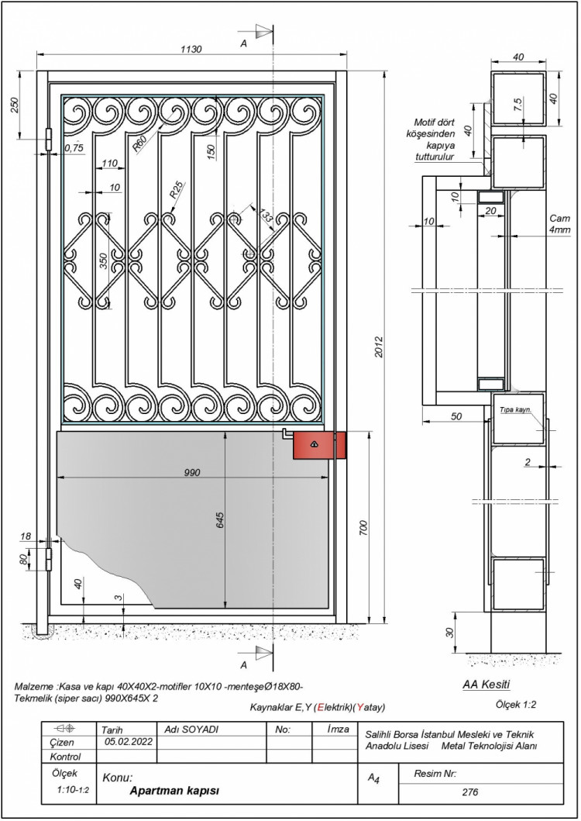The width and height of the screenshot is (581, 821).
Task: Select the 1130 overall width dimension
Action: pyautogui.click(x=191, y=49)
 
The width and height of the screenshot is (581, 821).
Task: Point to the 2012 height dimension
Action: pyautogui.click(x=379, y=347)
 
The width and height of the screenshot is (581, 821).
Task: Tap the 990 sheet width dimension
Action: pyautogui.click(x=192, y=472)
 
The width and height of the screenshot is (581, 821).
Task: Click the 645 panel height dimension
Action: pyautogui.click(x=219, y=520)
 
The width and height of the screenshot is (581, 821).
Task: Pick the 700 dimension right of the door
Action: pyautogui.click(x=364, y=528)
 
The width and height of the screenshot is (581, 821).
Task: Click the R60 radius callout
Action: pyautogui.click(x=139, y=143)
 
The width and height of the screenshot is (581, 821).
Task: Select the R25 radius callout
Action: pyautogui.click(x=177, y=190)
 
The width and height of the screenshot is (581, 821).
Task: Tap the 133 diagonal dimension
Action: pyautogui.click(x=266, y=215)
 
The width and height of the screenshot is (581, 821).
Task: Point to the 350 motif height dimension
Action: pyautogui.click(x=104, y=261)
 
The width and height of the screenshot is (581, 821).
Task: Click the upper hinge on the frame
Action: pyautogui.click(x=50, y=140)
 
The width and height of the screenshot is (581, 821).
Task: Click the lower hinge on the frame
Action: pyautogui.click(x=50, y=559)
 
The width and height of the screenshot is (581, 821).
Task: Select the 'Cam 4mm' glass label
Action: pyautogui.click(x=559, y=224)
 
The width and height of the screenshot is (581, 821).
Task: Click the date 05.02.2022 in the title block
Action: pyautogui.click(x=129, y=742)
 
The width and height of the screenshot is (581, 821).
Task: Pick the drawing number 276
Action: pyautogui.click(x=470, y=792)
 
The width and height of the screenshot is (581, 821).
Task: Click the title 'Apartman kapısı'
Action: pyautogui.click(x=174, y=790)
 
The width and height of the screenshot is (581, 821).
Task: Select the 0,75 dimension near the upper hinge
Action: pyautogui.click(x=74, y=148)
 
